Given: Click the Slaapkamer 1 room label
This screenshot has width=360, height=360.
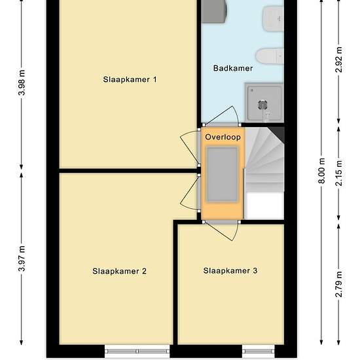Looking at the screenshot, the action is pos(130,80).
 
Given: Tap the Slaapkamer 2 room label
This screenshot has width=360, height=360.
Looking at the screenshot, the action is pos(119,271).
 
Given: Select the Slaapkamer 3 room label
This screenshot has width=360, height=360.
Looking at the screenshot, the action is pos(230,271).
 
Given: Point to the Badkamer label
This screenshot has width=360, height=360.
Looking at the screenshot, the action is pos(233,68).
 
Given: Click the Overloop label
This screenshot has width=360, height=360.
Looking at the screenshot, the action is pos(223,137).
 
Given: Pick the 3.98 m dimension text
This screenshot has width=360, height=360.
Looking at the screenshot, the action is pos(22,82).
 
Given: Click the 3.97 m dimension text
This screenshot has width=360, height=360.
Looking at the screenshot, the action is pos(22,259).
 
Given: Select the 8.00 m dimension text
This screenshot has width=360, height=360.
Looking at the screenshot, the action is pos(321,171).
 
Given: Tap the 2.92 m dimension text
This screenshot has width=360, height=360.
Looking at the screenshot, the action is pos(338,60).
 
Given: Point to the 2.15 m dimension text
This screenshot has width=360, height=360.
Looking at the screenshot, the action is pos(338,173).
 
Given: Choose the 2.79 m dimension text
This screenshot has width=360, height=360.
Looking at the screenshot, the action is pos(338,284).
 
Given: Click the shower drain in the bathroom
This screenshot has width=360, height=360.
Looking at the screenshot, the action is pos(262,105).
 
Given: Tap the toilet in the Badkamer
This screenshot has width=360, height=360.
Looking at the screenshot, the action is pos(269,56).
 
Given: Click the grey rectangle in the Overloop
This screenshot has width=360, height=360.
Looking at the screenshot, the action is pos(222,175).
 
